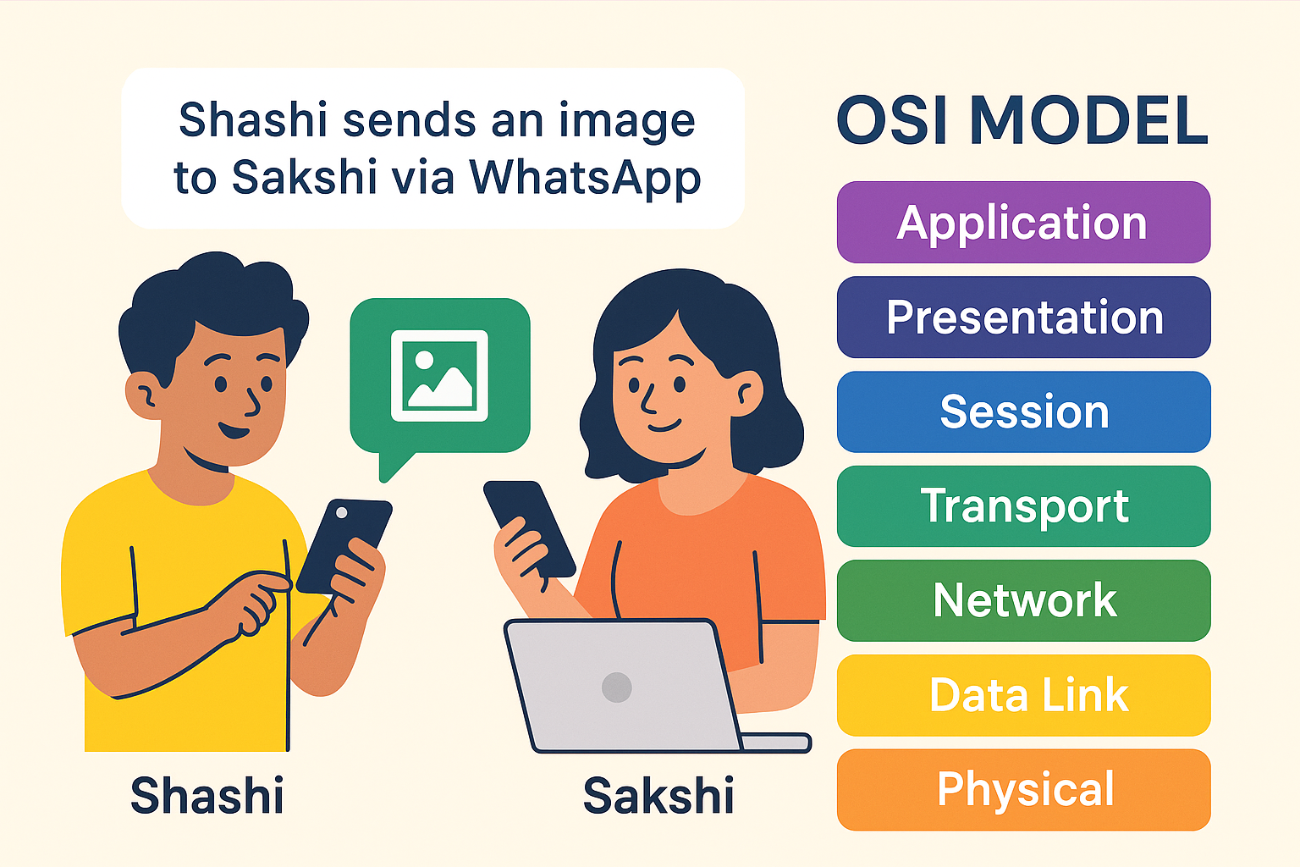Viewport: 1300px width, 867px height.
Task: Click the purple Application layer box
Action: [x=1023, y=223]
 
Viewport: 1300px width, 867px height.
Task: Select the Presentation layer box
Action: [x=1023, y=318]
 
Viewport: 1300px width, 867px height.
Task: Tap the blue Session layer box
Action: [x=1023, y=411]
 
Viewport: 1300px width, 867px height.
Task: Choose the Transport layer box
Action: [x=1023, y=506]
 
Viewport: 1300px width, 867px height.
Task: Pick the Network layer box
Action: [x=1023, y=600]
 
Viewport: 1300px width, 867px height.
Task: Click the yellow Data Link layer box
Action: [x=1023, y=695]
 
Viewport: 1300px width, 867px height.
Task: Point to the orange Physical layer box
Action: [x=1023, y=790]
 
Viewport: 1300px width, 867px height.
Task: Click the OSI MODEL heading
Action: [x=1022, y=121]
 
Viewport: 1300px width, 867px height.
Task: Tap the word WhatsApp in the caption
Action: [x=585, y=178]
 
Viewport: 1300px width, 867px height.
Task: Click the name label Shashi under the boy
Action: [x=207, y=796]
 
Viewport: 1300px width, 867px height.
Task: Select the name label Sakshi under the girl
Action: [x=658, y=796]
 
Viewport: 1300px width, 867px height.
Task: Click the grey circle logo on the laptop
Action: [x=617, y=687]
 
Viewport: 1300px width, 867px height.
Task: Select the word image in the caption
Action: [x=626, y=121]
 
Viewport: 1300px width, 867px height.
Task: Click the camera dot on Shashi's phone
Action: [x=341, y=513]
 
